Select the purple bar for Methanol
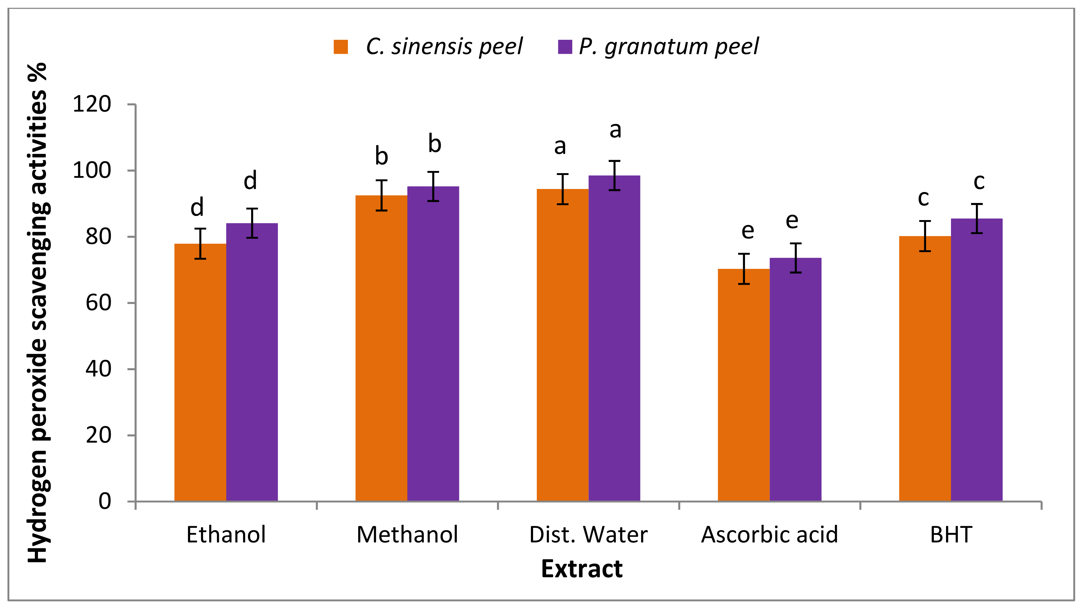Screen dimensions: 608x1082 pos(433,344)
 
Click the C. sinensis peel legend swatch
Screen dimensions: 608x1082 pos(341,47)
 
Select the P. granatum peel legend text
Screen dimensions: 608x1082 pos(669,47)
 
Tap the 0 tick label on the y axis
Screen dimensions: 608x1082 pos(105,501)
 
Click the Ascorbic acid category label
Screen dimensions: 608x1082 pos(770,535)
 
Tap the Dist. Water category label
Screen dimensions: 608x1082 pos(588,535)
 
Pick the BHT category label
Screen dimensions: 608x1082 pos(951,535)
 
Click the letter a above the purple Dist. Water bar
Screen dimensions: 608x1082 pos(615,131)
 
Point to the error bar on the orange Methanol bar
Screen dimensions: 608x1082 pos(382,196)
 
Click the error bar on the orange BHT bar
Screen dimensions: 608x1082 pos(925,236)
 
